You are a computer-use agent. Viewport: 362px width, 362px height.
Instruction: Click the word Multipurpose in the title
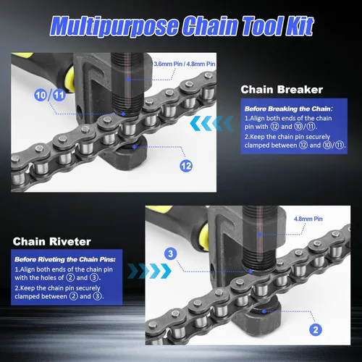click(x=114, y=26)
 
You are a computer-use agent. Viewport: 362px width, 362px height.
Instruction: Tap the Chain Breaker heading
click(x=282, y=90)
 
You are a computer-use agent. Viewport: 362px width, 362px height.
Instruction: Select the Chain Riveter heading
click(x=52, y=242)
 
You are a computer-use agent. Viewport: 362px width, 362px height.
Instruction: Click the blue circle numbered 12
click(x=186, y=166)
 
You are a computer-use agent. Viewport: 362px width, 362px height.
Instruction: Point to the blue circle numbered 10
click(x=41, y=95)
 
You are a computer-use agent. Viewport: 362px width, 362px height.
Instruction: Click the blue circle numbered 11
click(x=59, y=95)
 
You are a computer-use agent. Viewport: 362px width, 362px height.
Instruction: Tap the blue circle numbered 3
click(x=171, y=253)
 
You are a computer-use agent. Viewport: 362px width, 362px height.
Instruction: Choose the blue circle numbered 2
click(x=316, y=329)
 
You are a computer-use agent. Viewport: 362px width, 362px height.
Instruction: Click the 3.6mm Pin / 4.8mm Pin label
click(x=185, y=64)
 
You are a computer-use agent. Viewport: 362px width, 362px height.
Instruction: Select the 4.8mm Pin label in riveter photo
click(x=308, y=219)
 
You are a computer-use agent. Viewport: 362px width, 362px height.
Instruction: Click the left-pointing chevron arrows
click(x=212, y=123)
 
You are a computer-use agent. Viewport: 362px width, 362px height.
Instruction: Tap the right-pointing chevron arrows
click(x=149, y=271)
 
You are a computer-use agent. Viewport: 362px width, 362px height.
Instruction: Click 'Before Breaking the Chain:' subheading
click(x=289, y=109)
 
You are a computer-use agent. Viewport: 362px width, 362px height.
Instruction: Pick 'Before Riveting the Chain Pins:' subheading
click(x=65, y=259)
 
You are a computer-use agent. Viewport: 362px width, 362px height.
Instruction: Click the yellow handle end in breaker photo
click(x=70, y=79)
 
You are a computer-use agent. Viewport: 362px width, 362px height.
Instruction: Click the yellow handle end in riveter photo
click(x=205, y=237)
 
